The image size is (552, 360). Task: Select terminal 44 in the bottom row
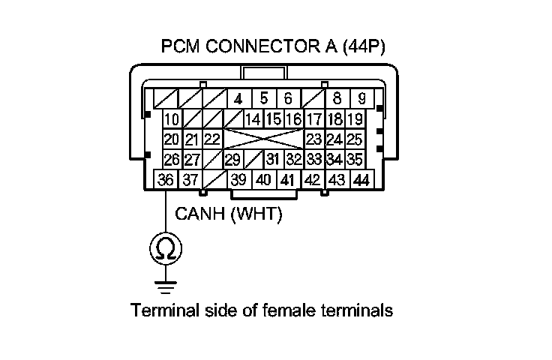point(361,180)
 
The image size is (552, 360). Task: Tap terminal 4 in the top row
point(238,99)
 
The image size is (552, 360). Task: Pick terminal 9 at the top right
point(361,99)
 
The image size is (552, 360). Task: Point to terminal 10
point(172,119)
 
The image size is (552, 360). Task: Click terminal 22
point(212,139)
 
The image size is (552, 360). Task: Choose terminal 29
point(233,160)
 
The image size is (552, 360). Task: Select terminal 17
point(314,119)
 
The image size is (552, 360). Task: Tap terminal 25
point(355,139)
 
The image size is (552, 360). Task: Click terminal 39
point(238,180)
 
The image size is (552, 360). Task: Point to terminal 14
point(253,119)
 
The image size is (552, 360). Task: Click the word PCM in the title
point(180,47)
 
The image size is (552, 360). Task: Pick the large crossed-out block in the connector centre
point(262,139)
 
